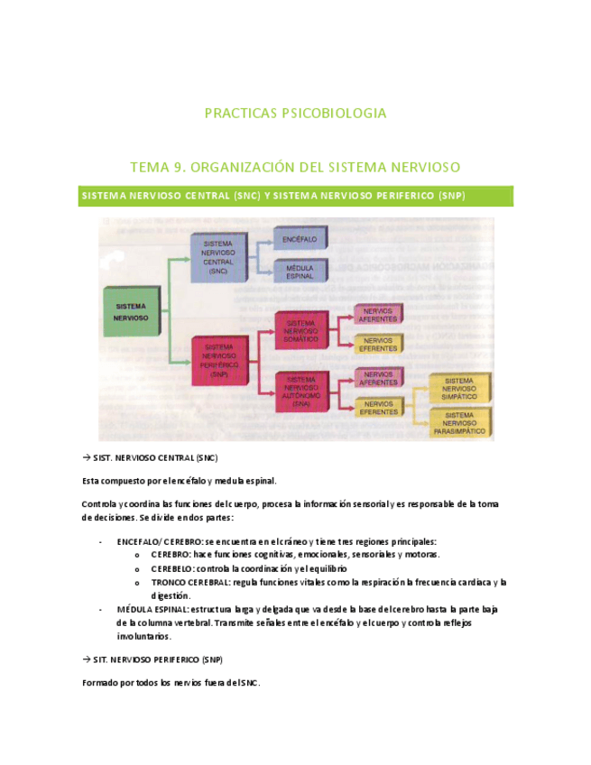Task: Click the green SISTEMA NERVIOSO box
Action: click(x=132, y=311)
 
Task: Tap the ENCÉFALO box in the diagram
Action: click(x=300, y=238)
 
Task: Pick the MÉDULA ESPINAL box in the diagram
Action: click(x=300, y=272)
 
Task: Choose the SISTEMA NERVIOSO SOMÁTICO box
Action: click(x=300, y=331)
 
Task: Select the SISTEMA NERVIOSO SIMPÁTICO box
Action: click(x=459, y=389)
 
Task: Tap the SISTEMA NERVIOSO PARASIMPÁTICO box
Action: click(x=459, y=423)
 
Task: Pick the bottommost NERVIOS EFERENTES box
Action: click(x=378, y=407)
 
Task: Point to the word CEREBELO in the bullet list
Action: click(x=171, y=569)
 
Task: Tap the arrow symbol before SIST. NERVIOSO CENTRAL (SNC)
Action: click(x=86, y=457)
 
